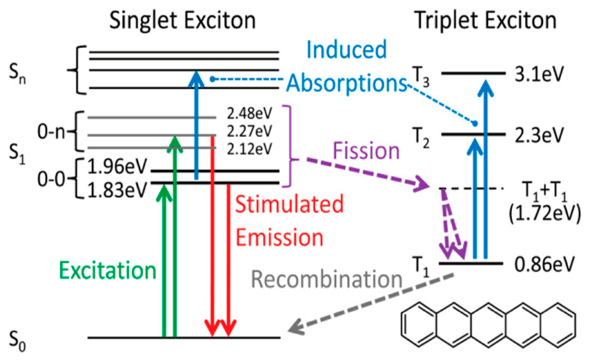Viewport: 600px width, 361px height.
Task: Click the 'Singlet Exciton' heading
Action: (x=182, y=21)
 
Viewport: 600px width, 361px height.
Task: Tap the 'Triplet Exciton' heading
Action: (x=485, y=21)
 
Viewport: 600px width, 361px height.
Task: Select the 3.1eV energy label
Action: (x=539, y=74)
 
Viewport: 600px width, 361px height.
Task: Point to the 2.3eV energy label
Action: (x=539, y=135)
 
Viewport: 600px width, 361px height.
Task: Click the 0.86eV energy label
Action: (x=544, y=264)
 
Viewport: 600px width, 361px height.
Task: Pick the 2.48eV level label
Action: (x=249, y=113)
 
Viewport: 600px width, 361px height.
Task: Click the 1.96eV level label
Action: (x=117, y=167)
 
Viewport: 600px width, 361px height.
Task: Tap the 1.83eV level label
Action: (x=117, y=190)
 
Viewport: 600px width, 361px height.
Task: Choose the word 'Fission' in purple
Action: (x=366, y=151)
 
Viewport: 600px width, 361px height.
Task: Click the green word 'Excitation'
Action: (x=108, y=271)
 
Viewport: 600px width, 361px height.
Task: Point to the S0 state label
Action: (x=17, y=341)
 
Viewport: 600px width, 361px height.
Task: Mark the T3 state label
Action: (x=420, y=77)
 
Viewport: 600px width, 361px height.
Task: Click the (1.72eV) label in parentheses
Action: (x=545, y=213)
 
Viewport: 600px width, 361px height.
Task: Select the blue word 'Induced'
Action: (x=347, y=50)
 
